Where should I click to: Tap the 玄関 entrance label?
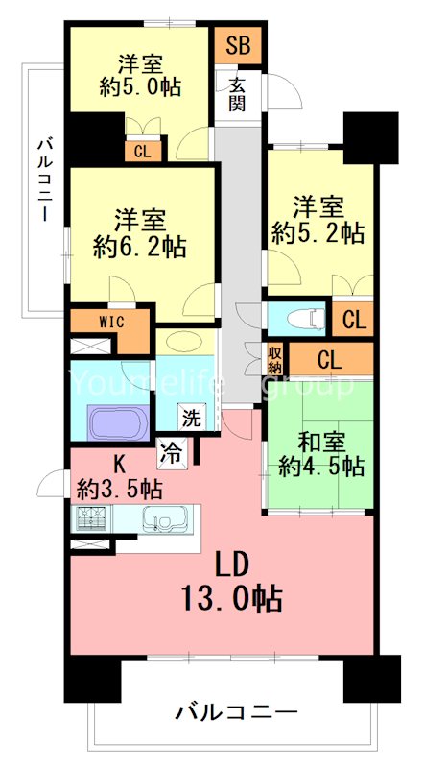tap(238, 94)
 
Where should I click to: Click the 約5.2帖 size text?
tap(318, 231)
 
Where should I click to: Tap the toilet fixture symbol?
tap(295, 318)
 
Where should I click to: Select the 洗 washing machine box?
tap(193, 418)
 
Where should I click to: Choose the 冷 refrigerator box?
tap(172, 450)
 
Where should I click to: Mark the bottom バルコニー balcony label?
tap(236, 712)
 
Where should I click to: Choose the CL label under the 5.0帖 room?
tap(142, 151)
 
